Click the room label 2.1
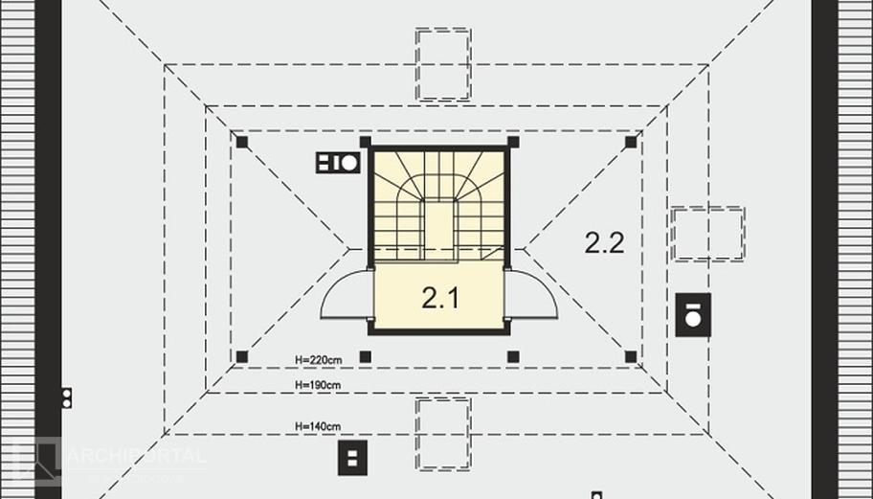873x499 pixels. coord(440,298)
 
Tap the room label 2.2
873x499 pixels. coord(604,242)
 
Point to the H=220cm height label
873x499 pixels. coord(318,360)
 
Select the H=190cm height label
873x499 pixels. coord(318,385)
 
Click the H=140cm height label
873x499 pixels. coord(318,425)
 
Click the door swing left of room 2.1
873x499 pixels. coord(345,294)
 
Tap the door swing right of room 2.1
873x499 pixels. coord(532,294)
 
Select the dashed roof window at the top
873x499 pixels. coord(443,64)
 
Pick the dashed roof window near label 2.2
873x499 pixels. coord(707,234)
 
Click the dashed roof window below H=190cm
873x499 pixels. coord(443,433)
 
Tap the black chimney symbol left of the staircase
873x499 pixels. coord(337,163)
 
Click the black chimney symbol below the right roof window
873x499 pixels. coord(693,314)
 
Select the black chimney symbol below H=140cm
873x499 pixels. coord(352,458)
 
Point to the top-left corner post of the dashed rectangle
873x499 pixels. coord(242,142)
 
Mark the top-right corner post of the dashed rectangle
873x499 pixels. coord(630,142)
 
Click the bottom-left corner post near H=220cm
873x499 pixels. coord(242,356)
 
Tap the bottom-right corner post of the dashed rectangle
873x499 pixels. coord(630,356)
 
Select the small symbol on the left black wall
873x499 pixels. coord(66,397)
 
